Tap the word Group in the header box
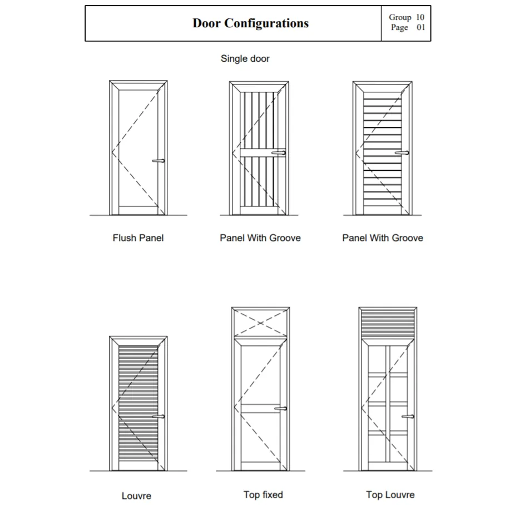tap(400, 18)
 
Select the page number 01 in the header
tap(420, 27)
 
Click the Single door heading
tap(245, 58)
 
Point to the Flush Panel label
tap(138, 238)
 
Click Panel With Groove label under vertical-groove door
tap(260, 238)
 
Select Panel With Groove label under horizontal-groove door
tap(383, 238)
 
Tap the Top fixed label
tap(263, 494)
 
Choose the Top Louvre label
tap(390, 494)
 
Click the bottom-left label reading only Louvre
tap(136, 496)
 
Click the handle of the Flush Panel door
tap(159, 161)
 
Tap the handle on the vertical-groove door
tap(279, 152)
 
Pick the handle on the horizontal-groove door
tap(402, 152)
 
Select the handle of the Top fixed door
tap(281, 409)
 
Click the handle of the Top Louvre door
tap(408, 416)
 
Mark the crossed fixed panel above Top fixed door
tap(261, 322)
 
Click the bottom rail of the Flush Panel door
tap(138, 210)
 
